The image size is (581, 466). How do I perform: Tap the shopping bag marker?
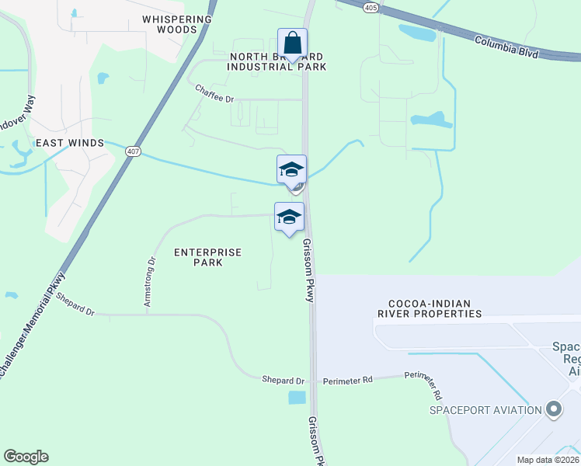(292, 43)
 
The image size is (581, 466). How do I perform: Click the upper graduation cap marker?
(291, 169)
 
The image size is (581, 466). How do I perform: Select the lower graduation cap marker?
(289, 217)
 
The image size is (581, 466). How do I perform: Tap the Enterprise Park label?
(207, 257)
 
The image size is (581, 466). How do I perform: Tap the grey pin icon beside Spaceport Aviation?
(553, 409)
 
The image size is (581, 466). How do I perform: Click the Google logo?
(26, 457)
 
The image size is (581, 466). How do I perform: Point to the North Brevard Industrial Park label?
(276, 62)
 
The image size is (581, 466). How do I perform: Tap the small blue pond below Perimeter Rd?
(297, 398)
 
